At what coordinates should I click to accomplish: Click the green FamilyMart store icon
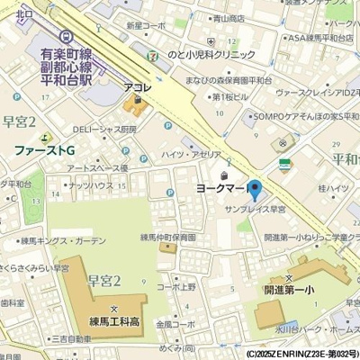click(285, 165)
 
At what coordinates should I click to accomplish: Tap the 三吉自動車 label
click(59, 338)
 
